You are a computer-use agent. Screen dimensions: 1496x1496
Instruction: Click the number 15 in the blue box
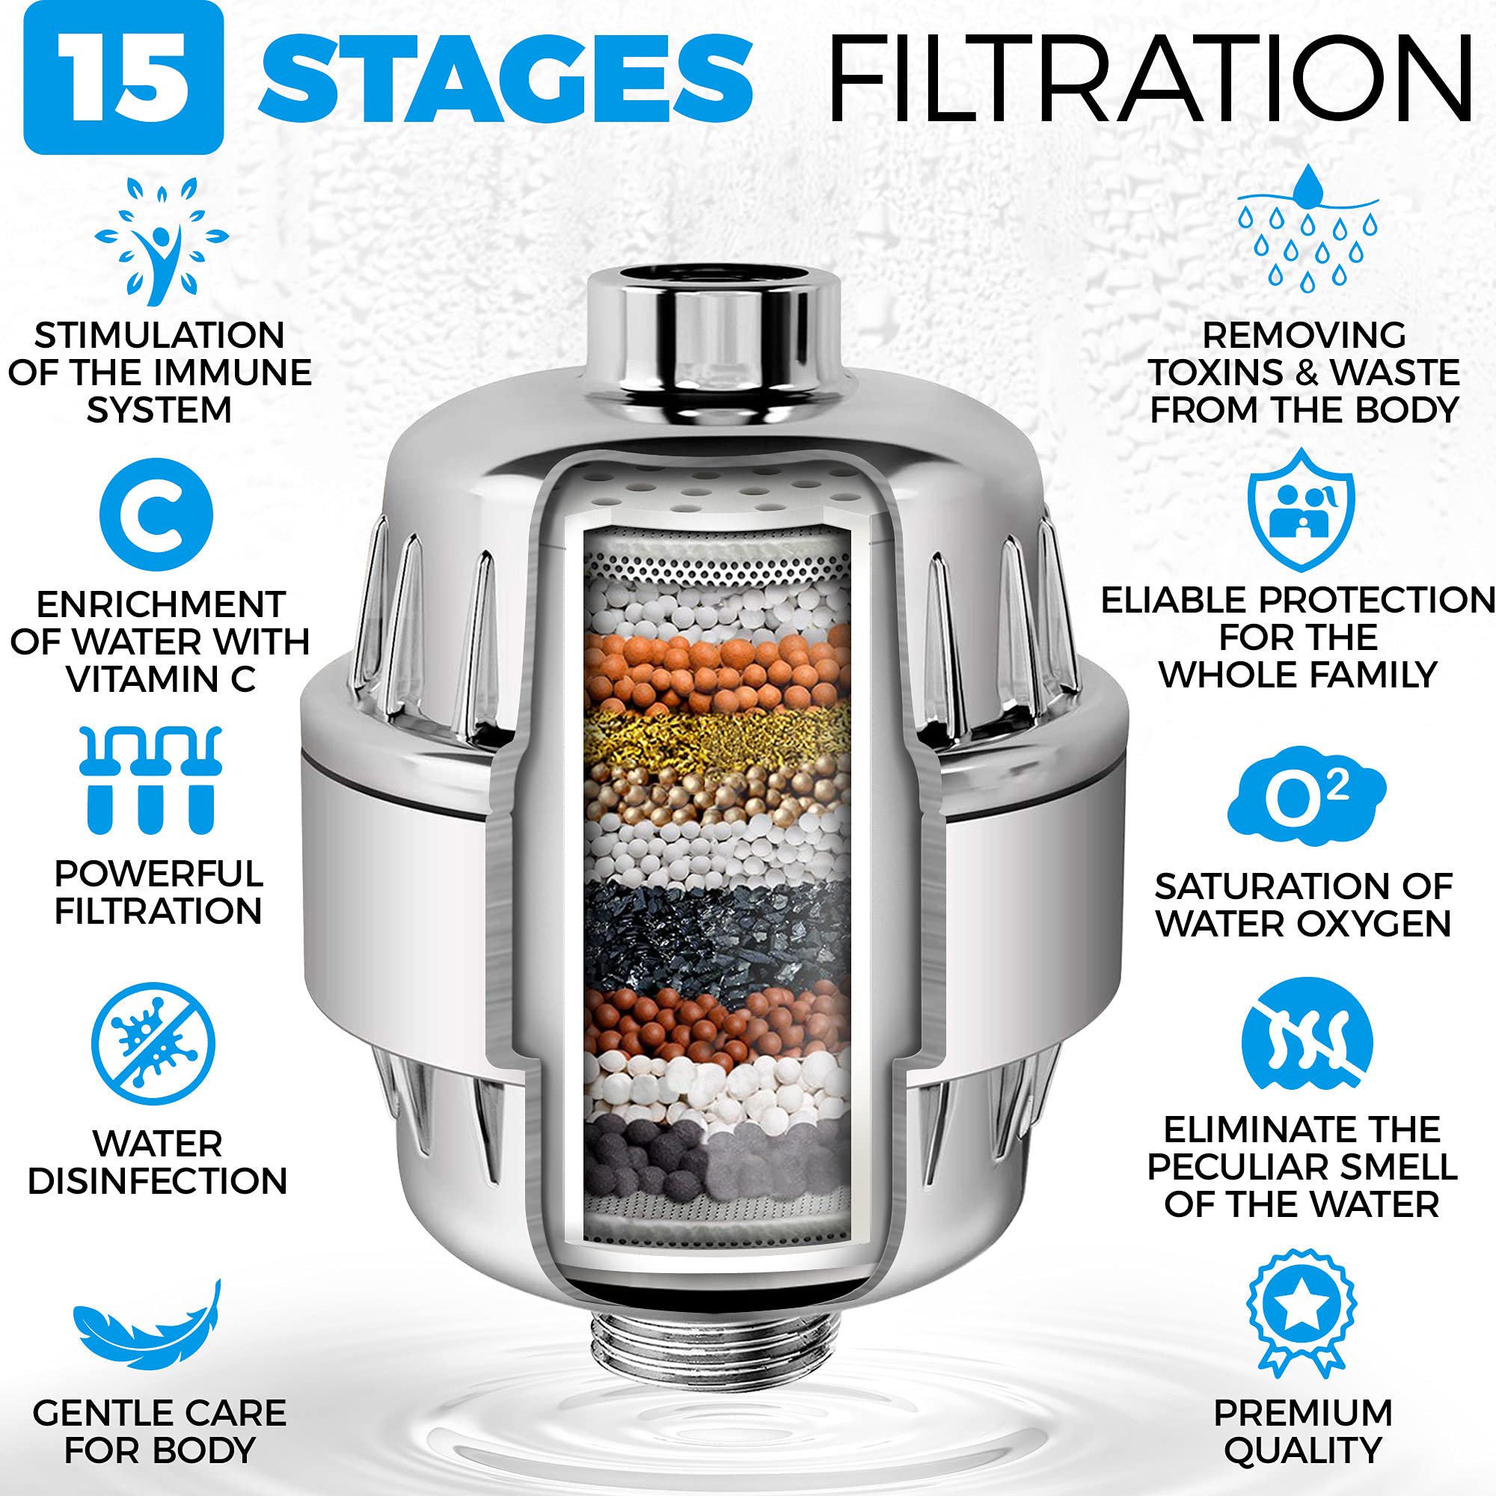(x=124, y=79)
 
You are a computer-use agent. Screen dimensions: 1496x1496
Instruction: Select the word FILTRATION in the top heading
(x=1150, y=79)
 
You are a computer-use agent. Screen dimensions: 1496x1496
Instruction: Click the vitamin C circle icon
(x=156, y=515)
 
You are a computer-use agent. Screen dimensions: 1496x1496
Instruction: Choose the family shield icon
(x=1301, y=510)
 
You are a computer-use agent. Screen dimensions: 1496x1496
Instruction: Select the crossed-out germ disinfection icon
(x=153, y=1043)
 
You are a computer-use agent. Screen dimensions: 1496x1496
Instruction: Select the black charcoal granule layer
(x=717, y=934)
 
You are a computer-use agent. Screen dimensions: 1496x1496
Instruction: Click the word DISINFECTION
(x=158, y=1182)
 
